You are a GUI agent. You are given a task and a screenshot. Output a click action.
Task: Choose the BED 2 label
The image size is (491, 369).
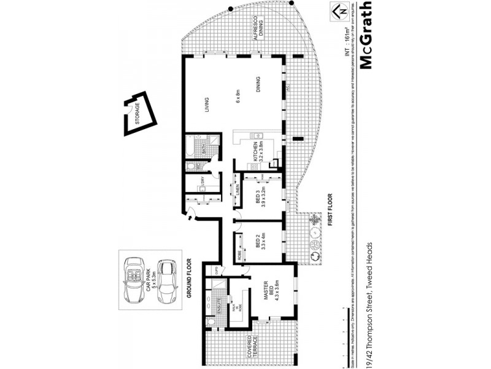(257, 244)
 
